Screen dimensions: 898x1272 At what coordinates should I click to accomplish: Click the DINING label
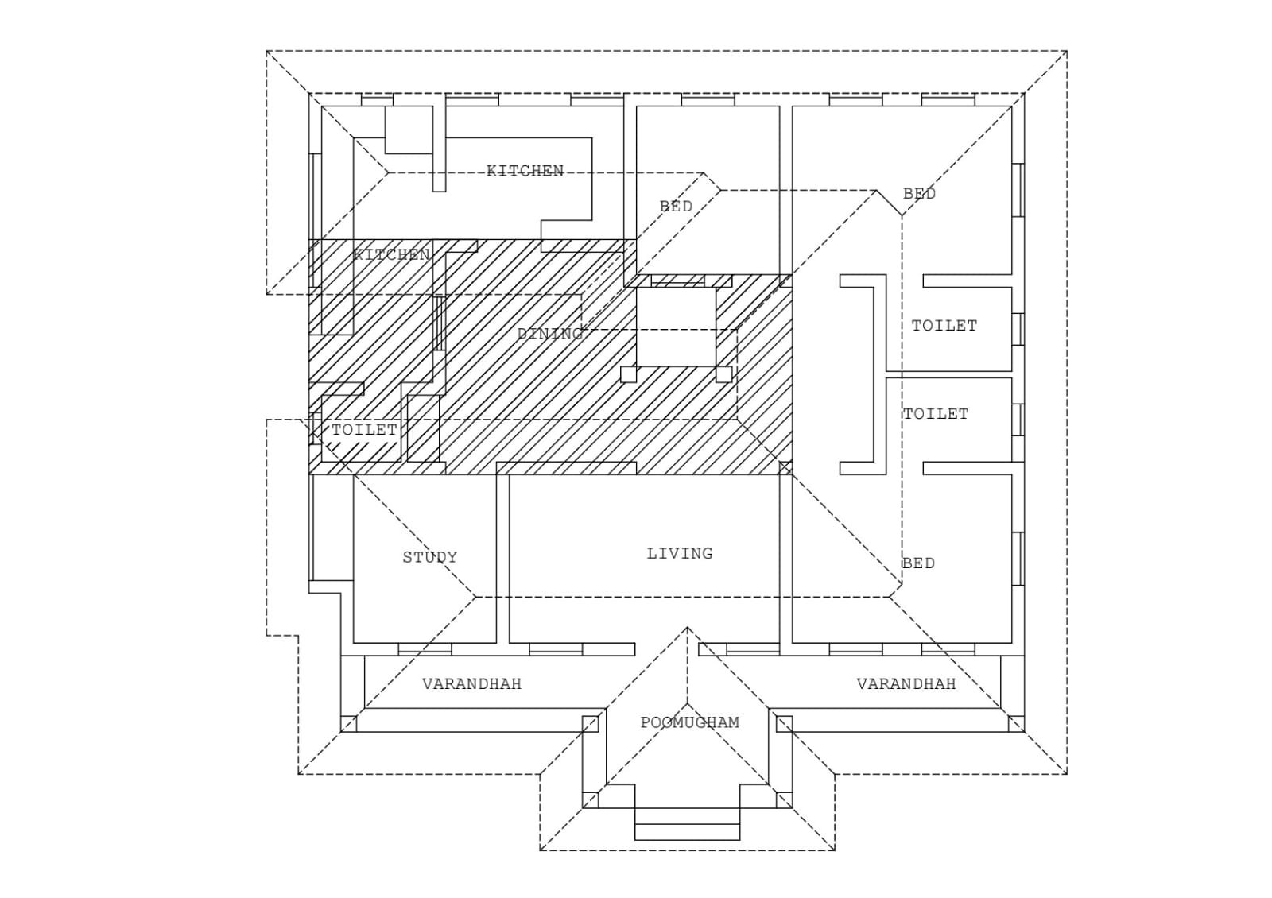550,334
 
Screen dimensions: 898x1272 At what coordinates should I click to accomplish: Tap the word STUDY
429,557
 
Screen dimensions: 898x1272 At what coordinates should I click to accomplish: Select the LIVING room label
679,553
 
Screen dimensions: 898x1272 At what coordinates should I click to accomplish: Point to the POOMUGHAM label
689,722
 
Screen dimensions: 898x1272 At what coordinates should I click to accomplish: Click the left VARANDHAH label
471,683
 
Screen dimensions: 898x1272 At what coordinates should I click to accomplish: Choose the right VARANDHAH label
906,683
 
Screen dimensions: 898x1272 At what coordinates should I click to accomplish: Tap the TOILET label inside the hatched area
363,429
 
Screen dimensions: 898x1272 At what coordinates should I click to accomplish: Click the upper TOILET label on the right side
944,325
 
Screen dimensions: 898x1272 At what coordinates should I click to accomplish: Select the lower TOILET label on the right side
935,413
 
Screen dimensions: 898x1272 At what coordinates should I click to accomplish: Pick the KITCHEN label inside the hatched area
391,254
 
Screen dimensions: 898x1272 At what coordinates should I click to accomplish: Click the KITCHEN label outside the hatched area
525,171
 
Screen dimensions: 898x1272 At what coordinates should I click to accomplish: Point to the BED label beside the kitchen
676,206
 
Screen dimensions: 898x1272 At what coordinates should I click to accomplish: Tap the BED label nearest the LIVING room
917,563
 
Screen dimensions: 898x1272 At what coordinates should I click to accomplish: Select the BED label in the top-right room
919,193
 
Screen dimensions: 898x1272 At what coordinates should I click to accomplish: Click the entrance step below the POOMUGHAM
687,832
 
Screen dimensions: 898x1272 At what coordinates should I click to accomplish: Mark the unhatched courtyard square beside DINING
677,327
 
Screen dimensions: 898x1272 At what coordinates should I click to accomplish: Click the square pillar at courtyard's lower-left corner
628,374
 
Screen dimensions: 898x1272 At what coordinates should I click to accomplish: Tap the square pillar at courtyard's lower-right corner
723,374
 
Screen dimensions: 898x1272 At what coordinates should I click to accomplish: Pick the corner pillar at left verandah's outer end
348,723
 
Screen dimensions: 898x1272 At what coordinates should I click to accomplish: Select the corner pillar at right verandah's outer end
1016,723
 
